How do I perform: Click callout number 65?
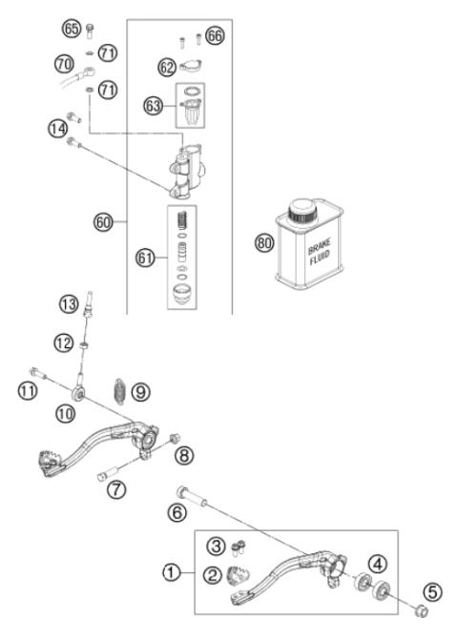(x=71, y=30)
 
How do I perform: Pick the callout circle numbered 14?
(x=58, y=126)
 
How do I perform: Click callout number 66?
(x=214, y=35)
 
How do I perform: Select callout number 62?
(x=167, y=67)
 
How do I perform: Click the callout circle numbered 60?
(x=102, y=222)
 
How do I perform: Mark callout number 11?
(x=28, y=389)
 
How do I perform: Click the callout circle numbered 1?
(x=170, y=572)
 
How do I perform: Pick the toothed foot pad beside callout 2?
(x=239, y=574)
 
